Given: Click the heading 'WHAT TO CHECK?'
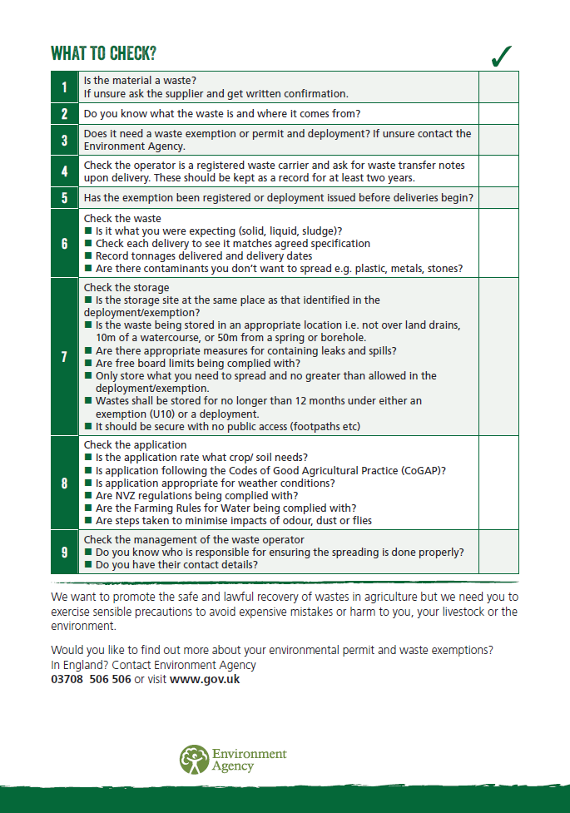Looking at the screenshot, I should tap(103, 54).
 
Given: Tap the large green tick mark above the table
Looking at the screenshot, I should tap(501, 56).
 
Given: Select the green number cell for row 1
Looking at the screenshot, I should tap(65, 87).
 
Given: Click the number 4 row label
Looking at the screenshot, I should tap(65, 171).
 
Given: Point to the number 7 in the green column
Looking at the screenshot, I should tap(65, 357).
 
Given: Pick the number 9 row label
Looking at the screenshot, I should tap(65, 552).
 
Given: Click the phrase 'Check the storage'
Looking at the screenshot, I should tap(126, 288).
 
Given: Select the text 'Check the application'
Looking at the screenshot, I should tap(136, 445).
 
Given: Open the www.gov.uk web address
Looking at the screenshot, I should tap(205, 679).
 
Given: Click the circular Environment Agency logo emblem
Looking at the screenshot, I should tap(195, 759).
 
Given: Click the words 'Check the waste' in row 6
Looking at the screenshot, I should tap(122, 218).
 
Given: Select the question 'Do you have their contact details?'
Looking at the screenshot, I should tap(176, 564).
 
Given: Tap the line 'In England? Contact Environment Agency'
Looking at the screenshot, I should tap(153, 665).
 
